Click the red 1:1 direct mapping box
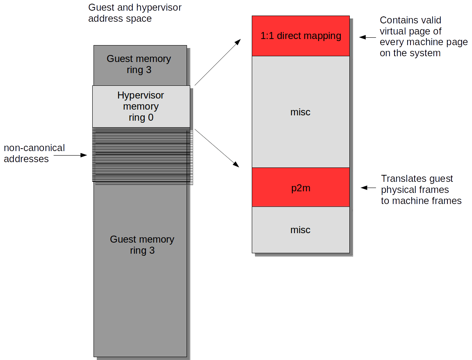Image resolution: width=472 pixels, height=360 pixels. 301,36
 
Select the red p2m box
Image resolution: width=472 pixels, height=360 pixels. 301,187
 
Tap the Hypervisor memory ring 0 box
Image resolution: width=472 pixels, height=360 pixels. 141,106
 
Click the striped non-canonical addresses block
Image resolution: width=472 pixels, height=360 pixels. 142,155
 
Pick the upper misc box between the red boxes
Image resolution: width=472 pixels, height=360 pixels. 301,112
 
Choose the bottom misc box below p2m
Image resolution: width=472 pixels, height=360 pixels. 301,229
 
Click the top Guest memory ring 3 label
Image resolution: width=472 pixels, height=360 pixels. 139,64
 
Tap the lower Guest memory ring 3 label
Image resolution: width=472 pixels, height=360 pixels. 142,245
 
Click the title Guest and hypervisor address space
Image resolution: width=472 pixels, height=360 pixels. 135,13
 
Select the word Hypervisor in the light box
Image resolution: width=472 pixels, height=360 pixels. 141,95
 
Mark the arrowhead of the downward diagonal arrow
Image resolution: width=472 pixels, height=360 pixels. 237,165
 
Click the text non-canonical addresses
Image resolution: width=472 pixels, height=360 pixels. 34,153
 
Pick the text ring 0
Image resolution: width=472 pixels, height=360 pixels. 141,118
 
